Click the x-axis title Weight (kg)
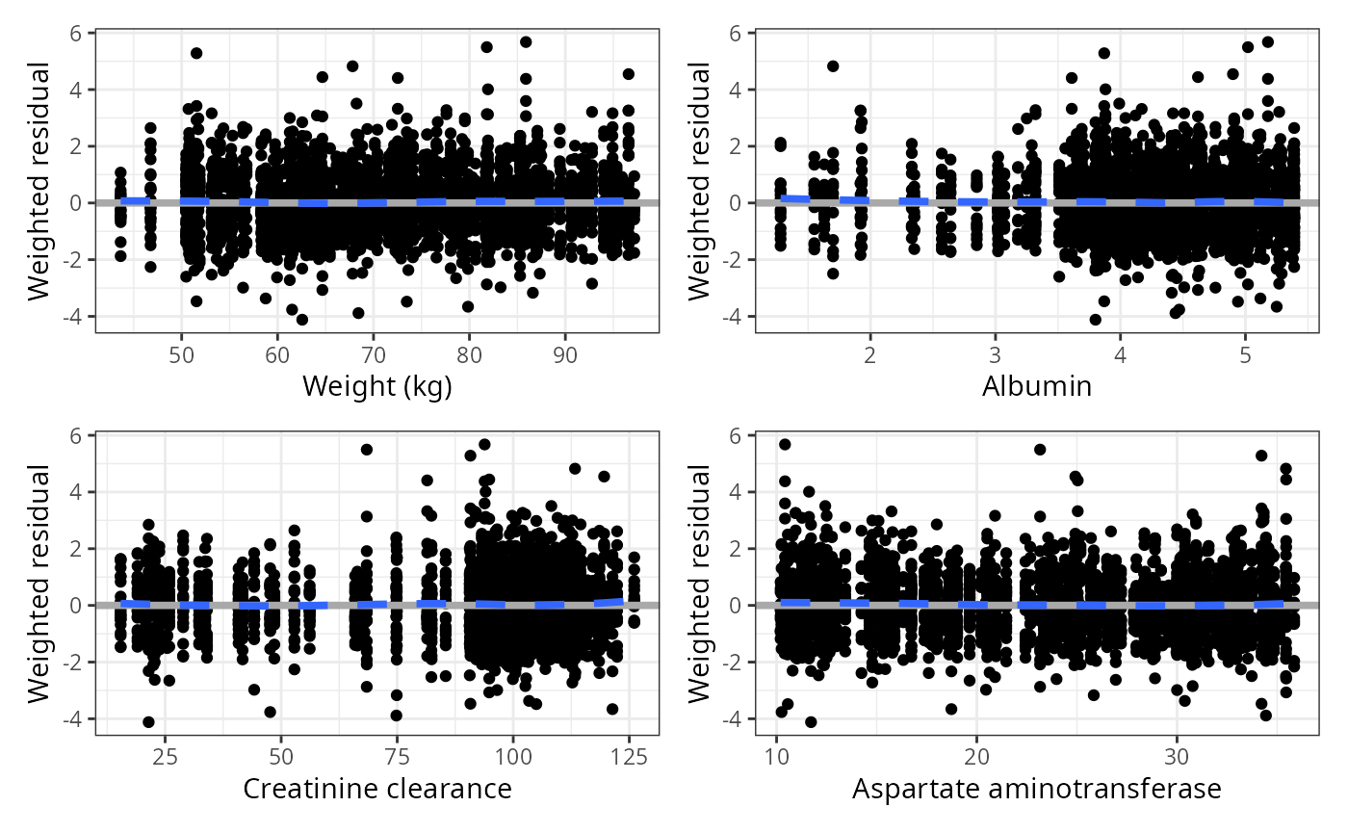[x=376, y=386]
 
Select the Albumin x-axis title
[x=1037, y=386]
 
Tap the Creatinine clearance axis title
[x=376, y=789]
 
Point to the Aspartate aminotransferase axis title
[x=1037, y=789]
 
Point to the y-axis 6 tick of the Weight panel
[x=76, y=33]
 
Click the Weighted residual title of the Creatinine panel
[x=39, y=584]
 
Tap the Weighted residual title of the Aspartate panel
[x=700, y=584]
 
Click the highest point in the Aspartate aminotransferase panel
[x=785, y=445]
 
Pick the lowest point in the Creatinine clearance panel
[x=148, y=721]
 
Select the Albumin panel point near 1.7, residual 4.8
[x=833, y=66]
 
